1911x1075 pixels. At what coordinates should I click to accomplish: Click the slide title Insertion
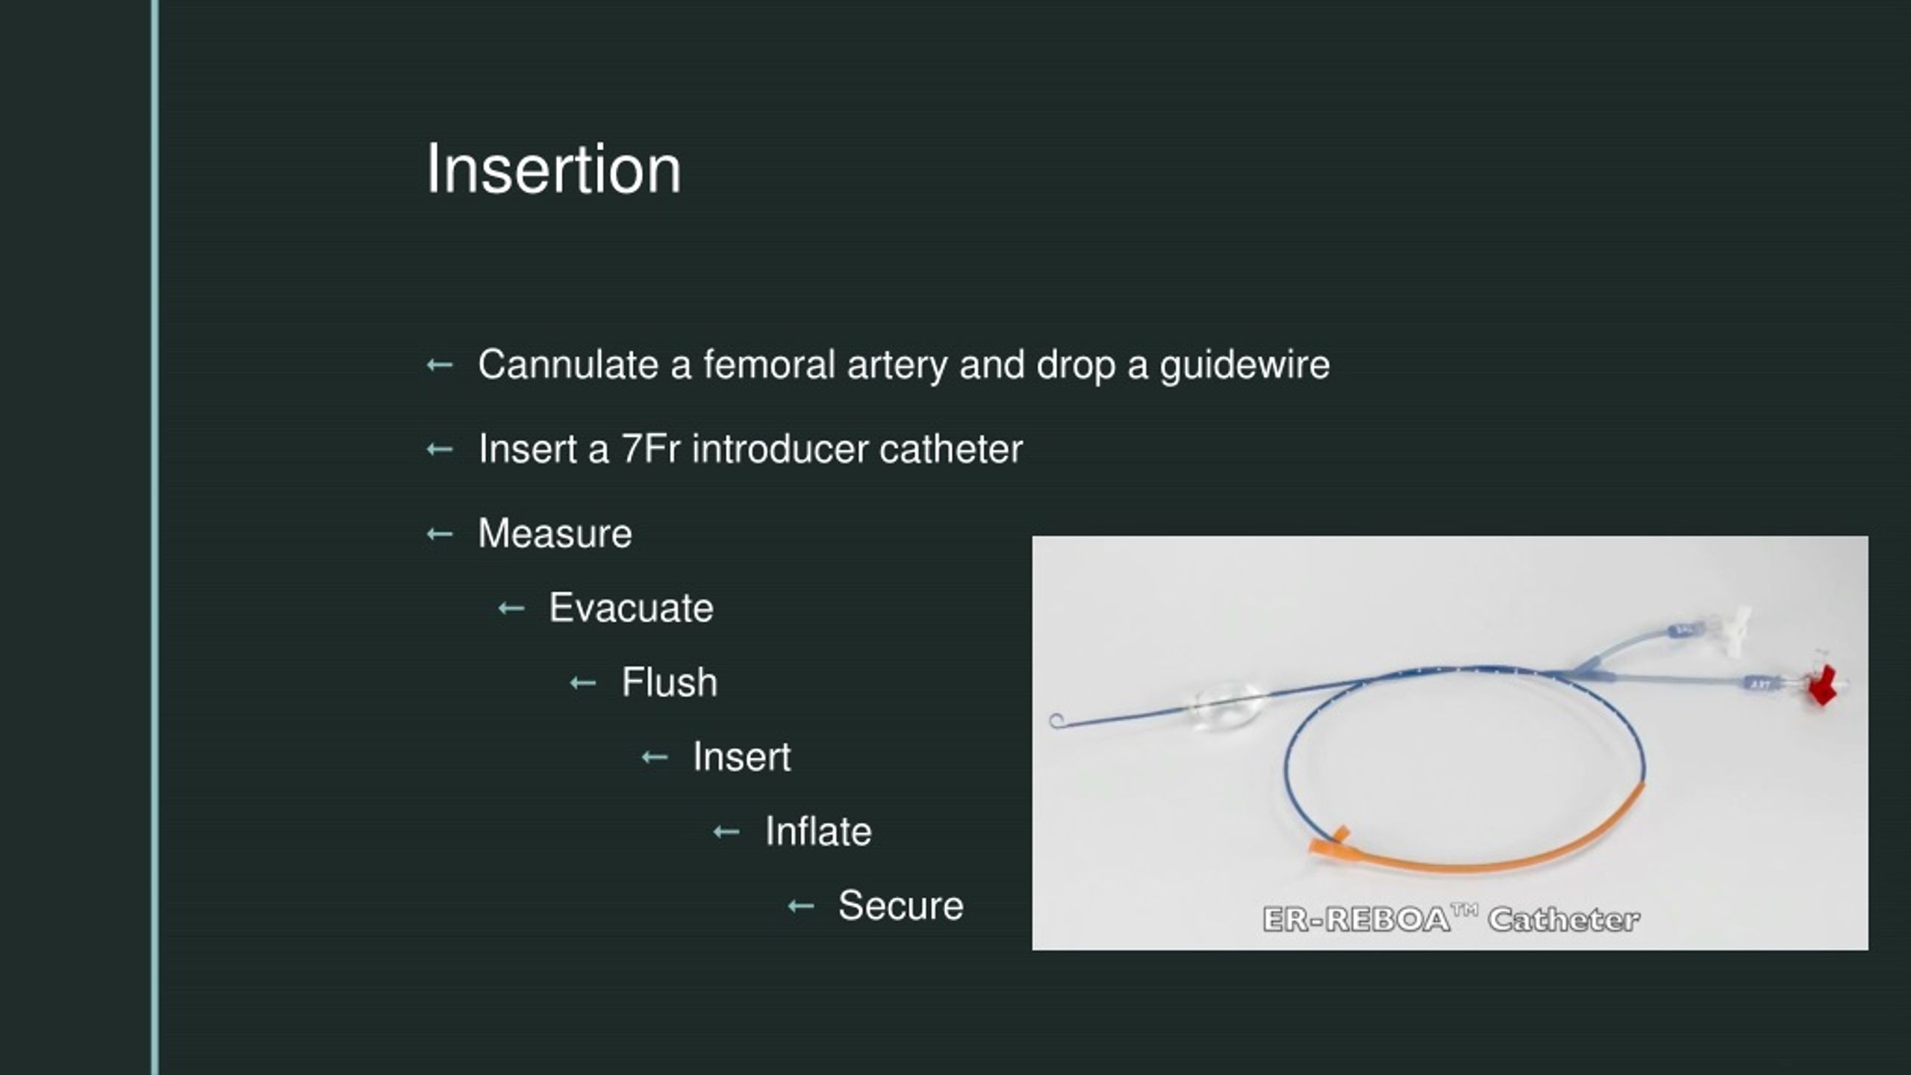(x=553, y=170)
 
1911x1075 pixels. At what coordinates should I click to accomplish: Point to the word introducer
(x=780, y=449)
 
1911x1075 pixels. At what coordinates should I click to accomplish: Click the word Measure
(x=555, y=534)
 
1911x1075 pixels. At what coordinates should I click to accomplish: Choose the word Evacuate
(x=631, y=608)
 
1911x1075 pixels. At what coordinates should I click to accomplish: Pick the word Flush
(x=669, y=682)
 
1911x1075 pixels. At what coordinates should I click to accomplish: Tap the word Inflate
(x=818, y=832)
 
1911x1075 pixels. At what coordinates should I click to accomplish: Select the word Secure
(x=900, y=906)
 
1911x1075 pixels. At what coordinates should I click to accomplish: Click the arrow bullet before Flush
(x=583, y=683)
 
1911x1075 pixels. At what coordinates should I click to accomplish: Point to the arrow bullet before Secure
(x=801, y=906)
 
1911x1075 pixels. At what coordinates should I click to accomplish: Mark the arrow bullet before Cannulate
(x=440, y=365)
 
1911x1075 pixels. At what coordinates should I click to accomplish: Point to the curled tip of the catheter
(x=1057, y=720)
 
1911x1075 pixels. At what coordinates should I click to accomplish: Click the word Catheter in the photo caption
(x=1564, y=919)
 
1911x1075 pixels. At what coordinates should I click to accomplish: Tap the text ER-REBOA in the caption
(x=1356, y=919)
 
